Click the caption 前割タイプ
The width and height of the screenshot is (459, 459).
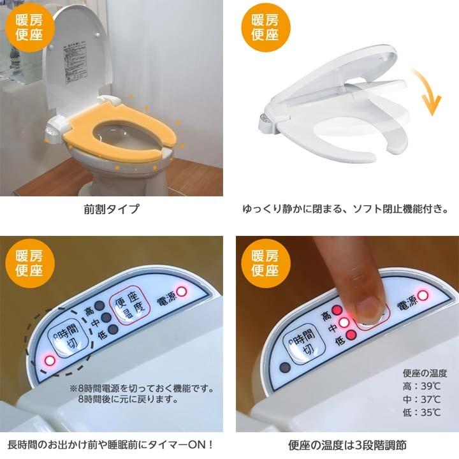pyautogui.click(x=112, y=208)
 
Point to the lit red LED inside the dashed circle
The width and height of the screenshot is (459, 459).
pyautogui.click(x=50, y=361)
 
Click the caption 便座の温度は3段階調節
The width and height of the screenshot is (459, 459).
pyautogui.click(x=347, y=445)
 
